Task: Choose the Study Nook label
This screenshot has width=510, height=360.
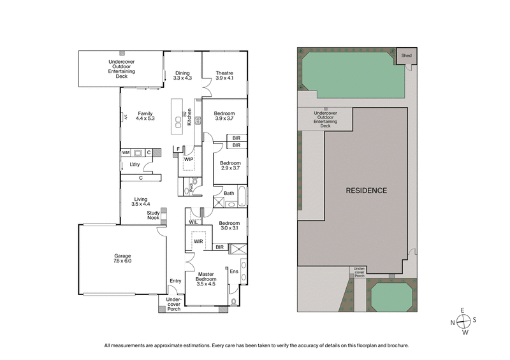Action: point(153,215)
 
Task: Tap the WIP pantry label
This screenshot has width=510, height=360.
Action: point(189,159)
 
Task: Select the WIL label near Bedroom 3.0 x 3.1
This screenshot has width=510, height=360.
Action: point(193,222)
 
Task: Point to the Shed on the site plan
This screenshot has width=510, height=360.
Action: point(405,56)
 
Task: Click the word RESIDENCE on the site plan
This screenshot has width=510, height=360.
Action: point(367,191)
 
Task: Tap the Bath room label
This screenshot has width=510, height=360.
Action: point(229,193)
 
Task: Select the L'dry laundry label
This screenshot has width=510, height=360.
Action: point(135,164)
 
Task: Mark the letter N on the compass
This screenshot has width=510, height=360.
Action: point(453,323)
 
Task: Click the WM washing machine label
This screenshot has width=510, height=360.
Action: point(126,153)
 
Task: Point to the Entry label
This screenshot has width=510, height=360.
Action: point(175,281)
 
